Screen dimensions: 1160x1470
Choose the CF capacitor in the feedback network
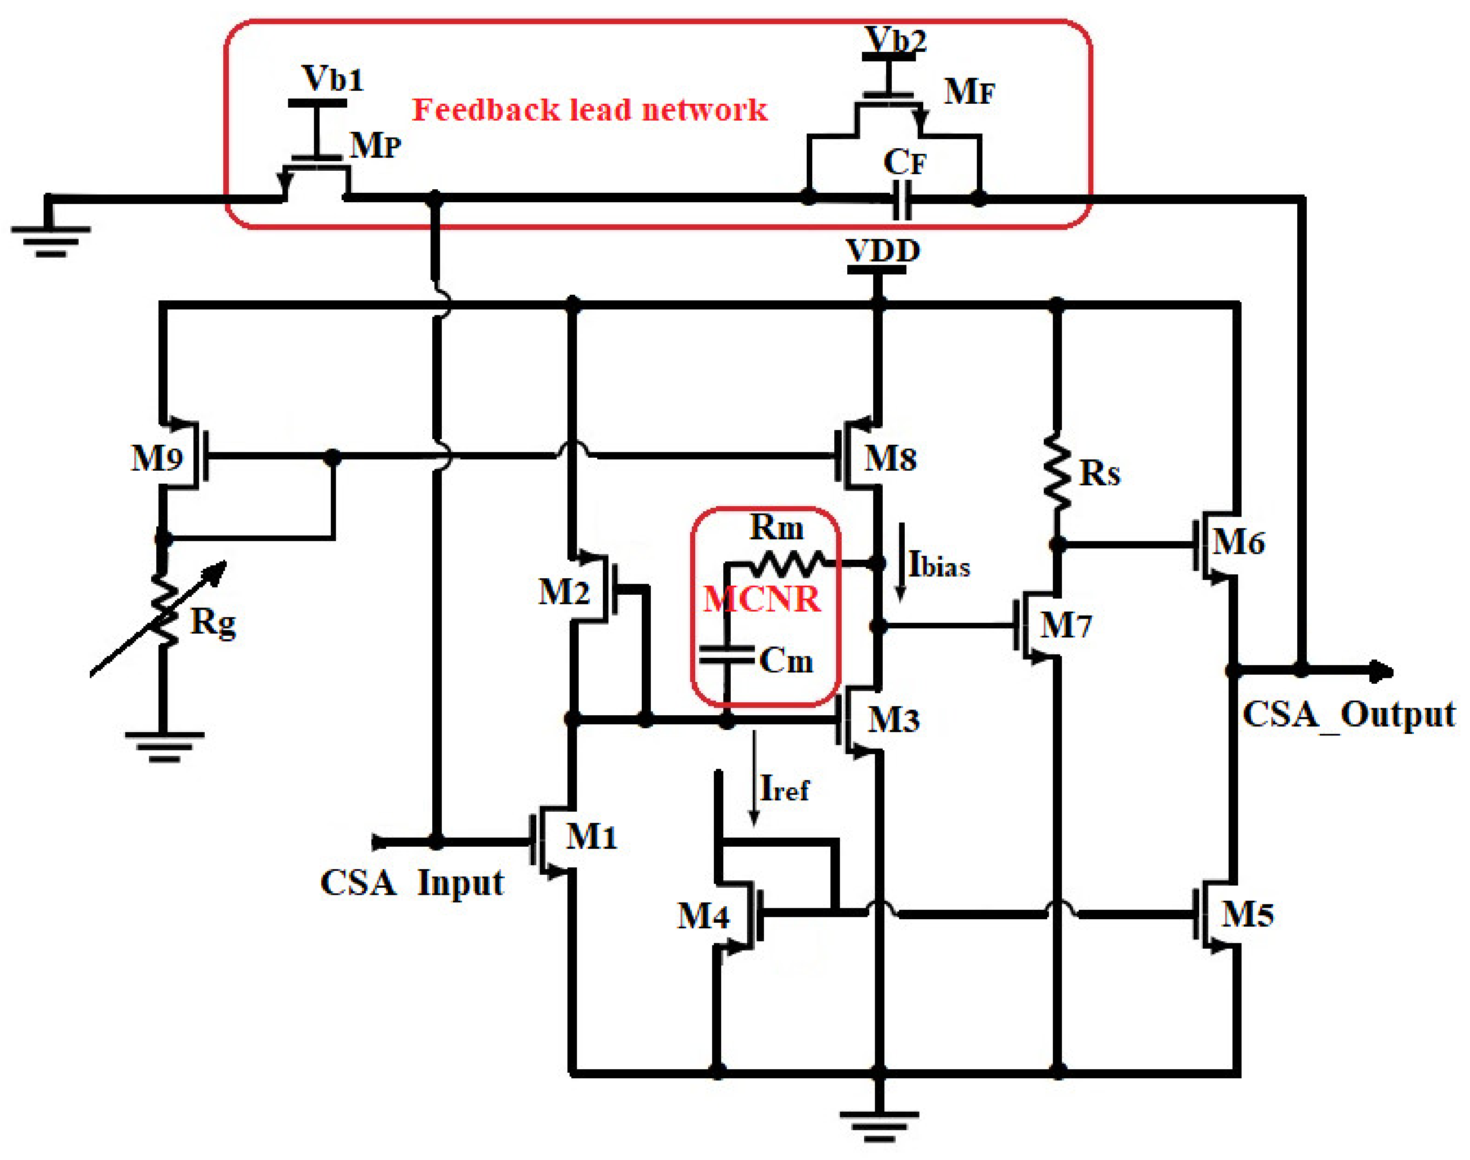pos(901,199)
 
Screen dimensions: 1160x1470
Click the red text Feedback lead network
pos(589,110)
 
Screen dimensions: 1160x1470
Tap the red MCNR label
pos(761,599)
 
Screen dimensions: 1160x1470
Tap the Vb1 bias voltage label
pos(333,79)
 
